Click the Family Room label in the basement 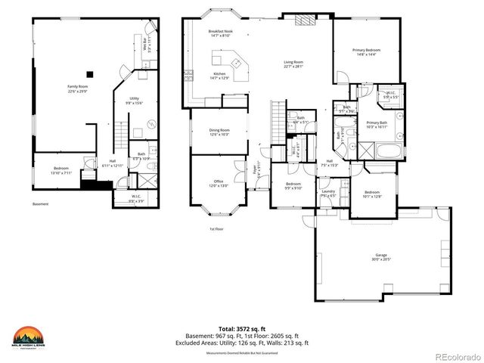coord(79,88)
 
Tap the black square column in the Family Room coord(91,73)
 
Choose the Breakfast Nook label coord(220,33)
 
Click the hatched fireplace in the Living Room coord(303,21)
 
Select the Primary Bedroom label coord(366,52)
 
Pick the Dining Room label coord(219,132)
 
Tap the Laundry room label coord(328,194)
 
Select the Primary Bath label coord(376,125)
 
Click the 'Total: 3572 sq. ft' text coord(245,330)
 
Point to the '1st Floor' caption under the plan coord(217,229)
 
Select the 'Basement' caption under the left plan coord(40,204)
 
